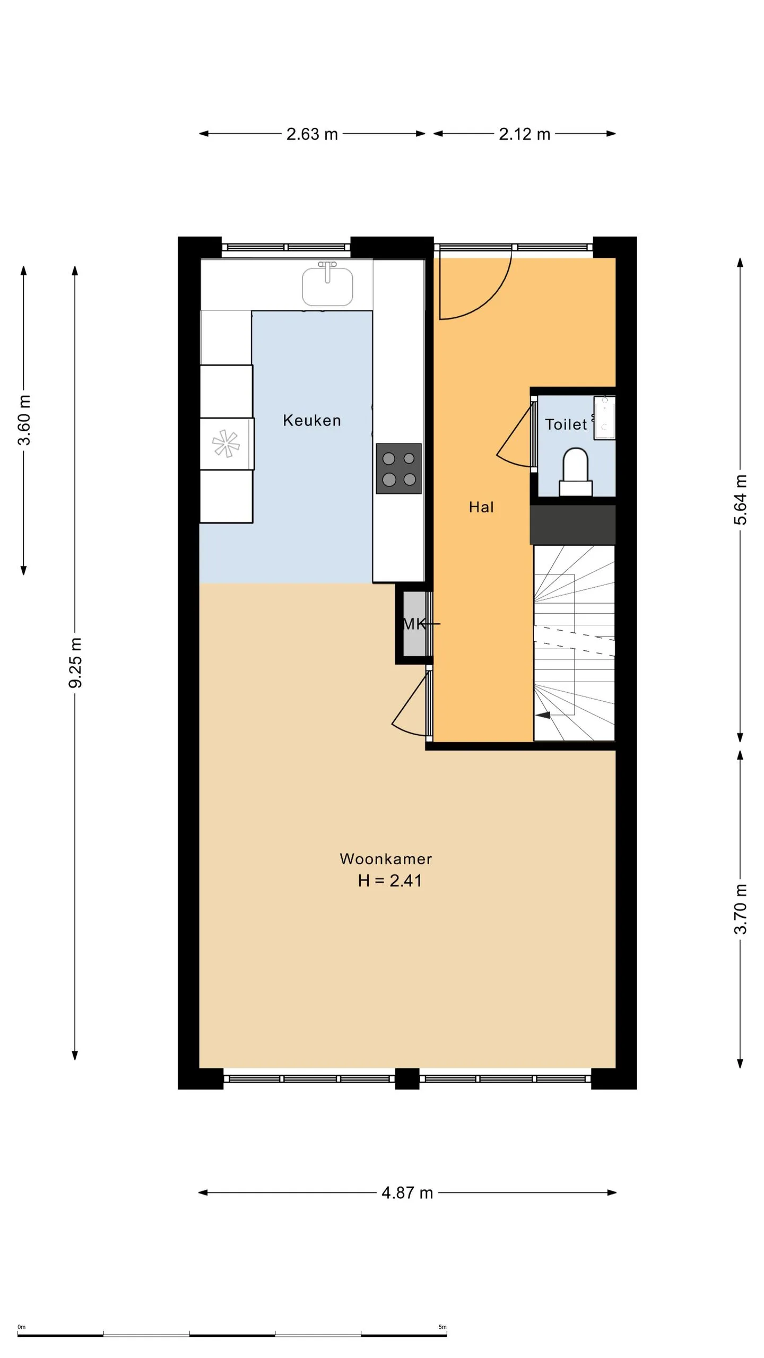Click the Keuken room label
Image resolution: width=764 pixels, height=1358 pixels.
[x=311, y=420]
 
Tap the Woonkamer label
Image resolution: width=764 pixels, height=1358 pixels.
[x=386, y=858]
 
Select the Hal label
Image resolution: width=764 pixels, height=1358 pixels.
[x=481, y=507]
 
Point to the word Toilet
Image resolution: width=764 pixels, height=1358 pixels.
[x=566, y=424]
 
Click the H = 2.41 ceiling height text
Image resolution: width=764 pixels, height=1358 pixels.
[x=390, y=881]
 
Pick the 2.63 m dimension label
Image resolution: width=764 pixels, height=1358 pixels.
[x=312, y=134]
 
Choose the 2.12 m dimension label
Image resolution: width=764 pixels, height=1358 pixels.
[x=524, y=134]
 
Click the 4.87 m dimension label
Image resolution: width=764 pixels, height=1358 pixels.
[x=407, y=1193]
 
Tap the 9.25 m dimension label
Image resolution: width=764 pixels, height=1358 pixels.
[x=75, y=663]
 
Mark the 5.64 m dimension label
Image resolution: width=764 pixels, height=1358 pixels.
[x=741, y=500]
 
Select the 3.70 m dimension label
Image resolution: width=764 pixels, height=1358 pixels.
[x=741, y=909]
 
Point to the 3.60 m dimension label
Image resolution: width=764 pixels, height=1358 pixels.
[x=24, y=420]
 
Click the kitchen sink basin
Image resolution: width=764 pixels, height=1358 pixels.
[x=327, y=286]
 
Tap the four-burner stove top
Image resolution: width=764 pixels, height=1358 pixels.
[x=398, y=469]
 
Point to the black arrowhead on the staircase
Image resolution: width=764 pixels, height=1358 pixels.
[x=543, y=715]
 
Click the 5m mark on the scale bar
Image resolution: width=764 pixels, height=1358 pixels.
[x=442, y=1327]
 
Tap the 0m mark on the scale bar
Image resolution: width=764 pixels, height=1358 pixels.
[x=21, y=1327]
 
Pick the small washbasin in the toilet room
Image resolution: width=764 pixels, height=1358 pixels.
[x=604, y=417]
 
